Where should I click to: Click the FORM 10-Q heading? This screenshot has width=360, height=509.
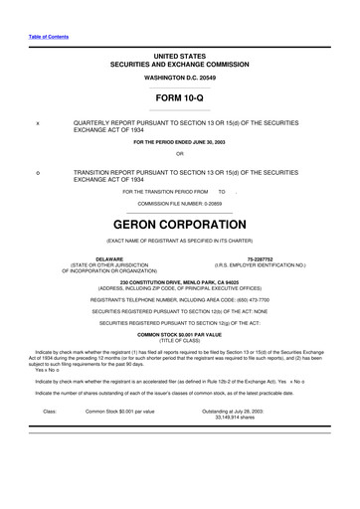point(179,98)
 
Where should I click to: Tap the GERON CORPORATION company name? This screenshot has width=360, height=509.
point(179,225)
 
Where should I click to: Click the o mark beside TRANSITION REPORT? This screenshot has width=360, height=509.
point(37,172)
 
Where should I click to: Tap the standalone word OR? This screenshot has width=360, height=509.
point(179,153)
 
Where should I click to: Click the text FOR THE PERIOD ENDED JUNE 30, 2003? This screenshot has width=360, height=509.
point(179,141)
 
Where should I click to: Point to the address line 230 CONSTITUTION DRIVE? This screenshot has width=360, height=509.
point(179,282)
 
